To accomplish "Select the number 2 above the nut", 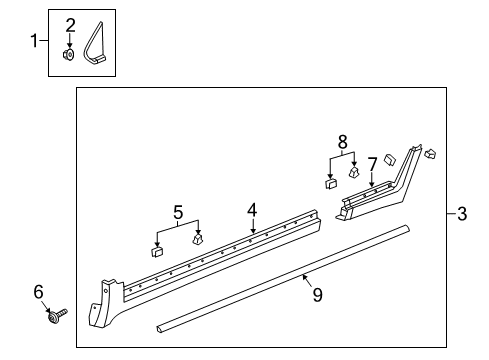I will coord(70,24).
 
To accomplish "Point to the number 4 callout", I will coord(253,211).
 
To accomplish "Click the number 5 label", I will coord(177,211).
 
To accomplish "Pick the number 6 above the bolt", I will coord(38,291).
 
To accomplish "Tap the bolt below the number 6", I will coord(54,319).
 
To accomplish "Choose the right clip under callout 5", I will coord(198,238).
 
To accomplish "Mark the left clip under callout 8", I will coord(330,183).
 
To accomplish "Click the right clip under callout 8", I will coord(353,171).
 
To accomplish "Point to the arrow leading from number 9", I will coord(308,281).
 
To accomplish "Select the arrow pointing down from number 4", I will coord(253,227).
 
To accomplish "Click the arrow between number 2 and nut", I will coord(70,40).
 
